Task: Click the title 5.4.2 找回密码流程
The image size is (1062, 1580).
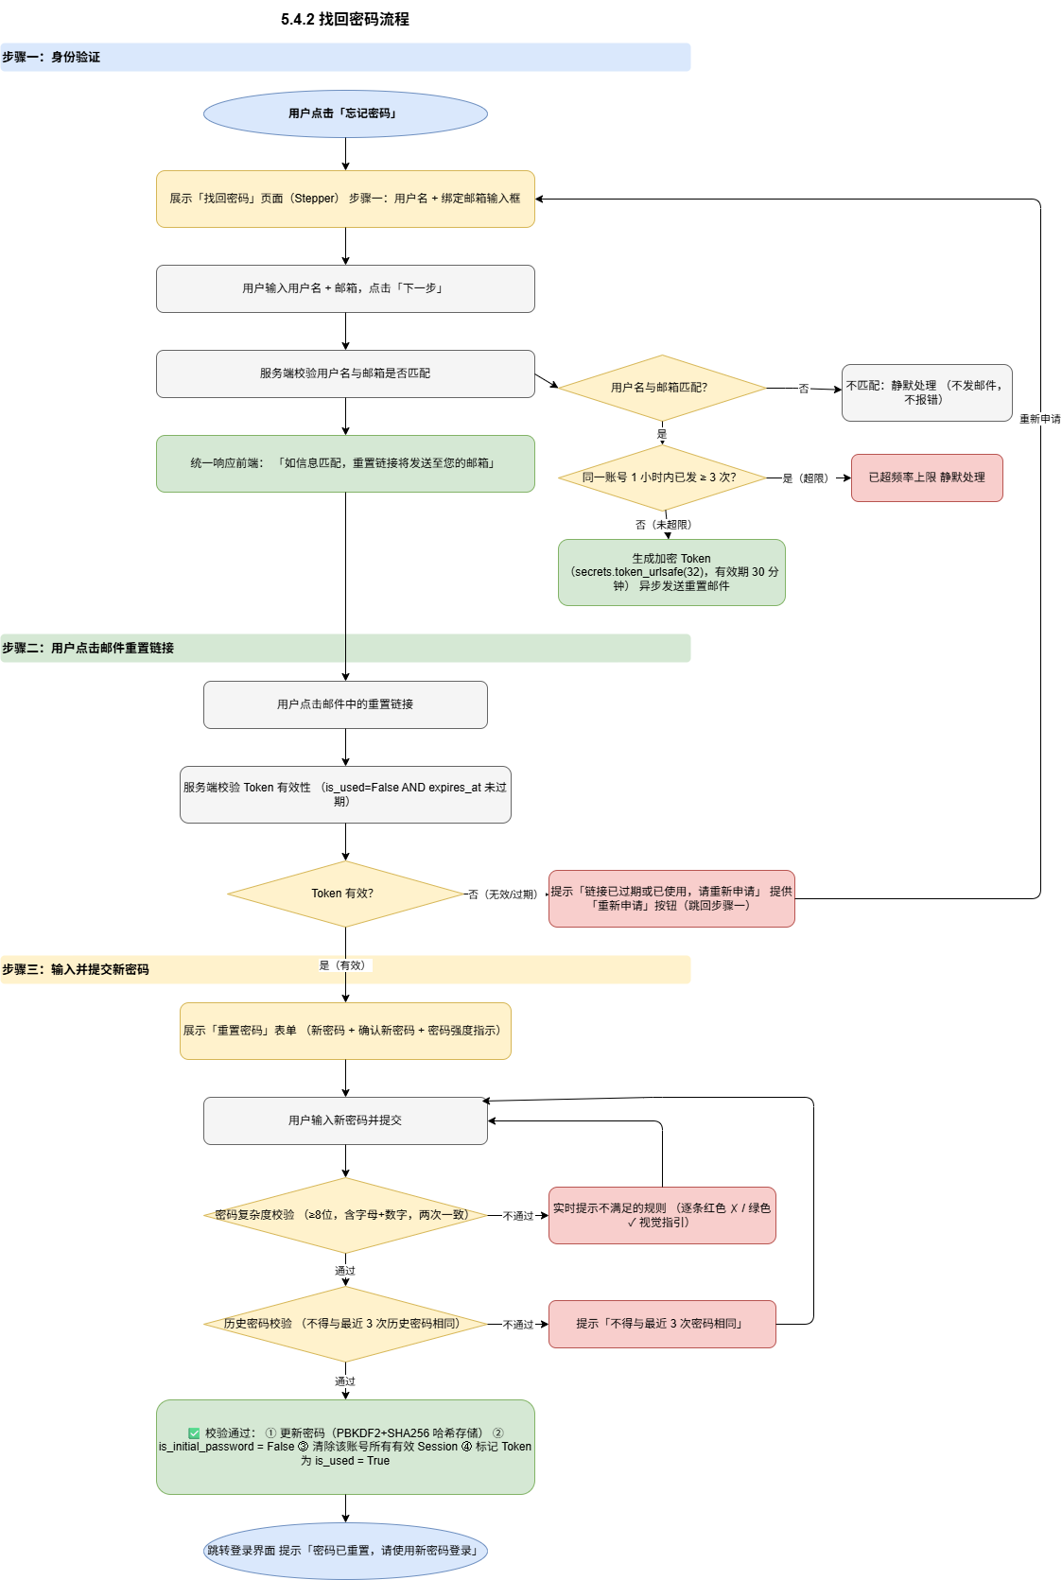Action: pyautogui.click(x=344, y=19)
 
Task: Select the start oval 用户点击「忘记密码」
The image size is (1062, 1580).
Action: pyautogui.click(x=345, y=113)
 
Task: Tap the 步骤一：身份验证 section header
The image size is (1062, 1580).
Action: pyautogui.click(x=51, y=57)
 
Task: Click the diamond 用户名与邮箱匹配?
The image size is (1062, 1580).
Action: pyautogui.click(x=662, y=388)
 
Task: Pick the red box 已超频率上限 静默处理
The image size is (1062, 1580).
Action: pyautogui.click(x=927, y=477)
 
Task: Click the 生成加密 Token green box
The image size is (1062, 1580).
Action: pyautogui.click(x=671, y=572)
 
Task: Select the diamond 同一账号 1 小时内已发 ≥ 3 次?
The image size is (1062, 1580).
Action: pyautogui.click(x=662, y=477)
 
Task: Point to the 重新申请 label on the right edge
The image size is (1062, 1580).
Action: pyautogui.click(x=1039, y=419)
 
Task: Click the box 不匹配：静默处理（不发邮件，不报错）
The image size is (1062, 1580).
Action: pyautogui.click(x=927, y=393)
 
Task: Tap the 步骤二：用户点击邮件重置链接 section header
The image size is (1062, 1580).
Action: pyautogui.click(x=88, y=648)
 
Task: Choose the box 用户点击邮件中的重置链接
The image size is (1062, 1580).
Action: pyautogui.click(x=345, y=704)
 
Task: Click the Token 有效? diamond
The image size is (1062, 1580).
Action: pyautogui.click(x=345, y=894)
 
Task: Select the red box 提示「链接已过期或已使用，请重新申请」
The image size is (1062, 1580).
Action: pyautogui.click(x=671, y=898)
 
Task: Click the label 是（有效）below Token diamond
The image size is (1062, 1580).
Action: pyautogui.click(x=343, y=965)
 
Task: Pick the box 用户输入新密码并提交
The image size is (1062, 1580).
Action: pyautogui.click(x=345, y=1120)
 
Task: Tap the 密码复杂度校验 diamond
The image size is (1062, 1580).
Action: pyautogui.click(x=345, y=1215)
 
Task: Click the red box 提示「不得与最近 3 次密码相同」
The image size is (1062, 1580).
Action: pyautogui.click(x=662, y=1324)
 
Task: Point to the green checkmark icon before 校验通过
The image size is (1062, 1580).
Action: pyautogui.click(x=194, y=1432)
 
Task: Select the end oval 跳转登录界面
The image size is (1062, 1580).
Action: pyautogui.click(x=345, y=1551)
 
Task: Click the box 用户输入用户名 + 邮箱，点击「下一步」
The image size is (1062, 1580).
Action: pyautogui.click(x=345, y=288)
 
